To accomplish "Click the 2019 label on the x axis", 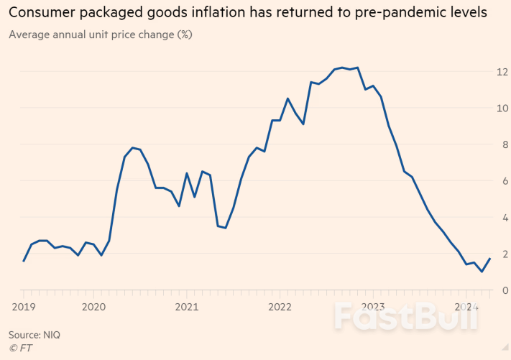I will pos(23,306).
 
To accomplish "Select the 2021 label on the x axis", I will pos(187,306).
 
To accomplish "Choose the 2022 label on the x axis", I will pos(280,306).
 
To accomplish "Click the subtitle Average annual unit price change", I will pos(100,34).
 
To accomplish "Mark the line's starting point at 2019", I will pos(24,261).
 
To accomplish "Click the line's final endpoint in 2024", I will pos(490,259).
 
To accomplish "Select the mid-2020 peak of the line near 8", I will pos(132,147).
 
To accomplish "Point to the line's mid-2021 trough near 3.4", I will pos(226,228).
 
